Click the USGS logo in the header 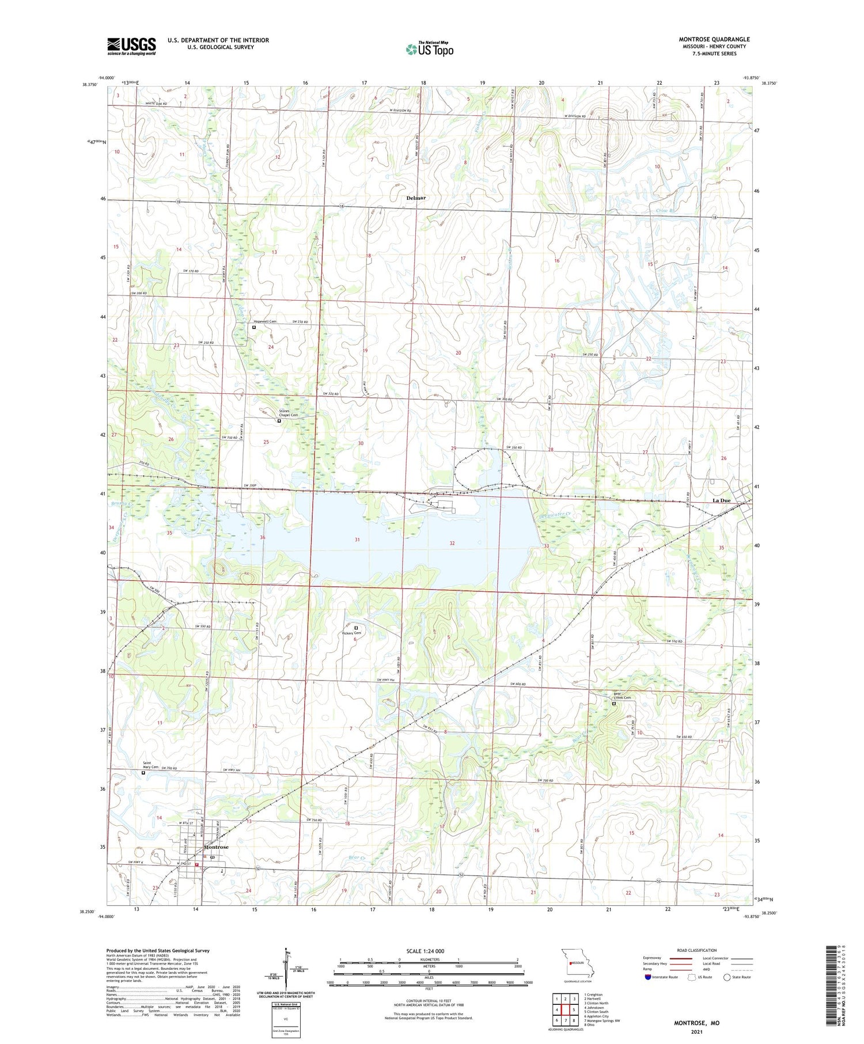(131, 46)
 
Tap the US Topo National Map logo (429, 49)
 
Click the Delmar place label (416, 198)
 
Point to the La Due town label (721, 500)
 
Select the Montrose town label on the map (217, 847)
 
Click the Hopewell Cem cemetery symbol (253, 328)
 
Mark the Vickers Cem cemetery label (351, 633)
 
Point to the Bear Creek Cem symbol (613, 704)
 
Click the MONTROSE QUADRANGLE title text (714, 39)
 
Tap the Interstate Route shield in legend (648, 977)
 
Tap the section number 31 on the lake (357, 540)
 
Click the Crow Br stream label (664, 211)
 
